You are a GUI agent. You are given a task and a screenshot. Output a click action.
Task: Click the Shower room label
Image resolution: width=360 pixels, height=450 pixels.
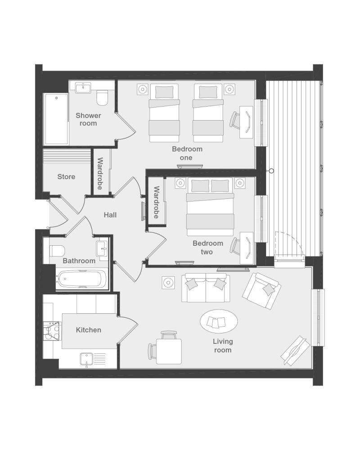coord(88,119)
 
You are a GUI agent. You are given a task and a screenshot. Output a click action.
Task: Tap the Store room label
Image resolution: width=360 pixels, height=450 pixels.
coord(66,176)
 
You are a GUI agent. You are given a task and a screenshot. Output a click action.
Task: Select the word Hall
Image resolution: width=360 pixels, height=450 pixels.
coord(110,215)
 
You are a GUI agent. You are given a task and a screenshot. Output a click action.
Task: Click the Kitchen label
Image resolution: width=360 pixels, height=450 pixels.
coord(88,330)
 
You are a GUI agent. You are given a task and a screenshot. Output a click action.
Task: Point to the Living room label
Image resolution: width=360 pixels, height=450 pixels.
coord(223,346)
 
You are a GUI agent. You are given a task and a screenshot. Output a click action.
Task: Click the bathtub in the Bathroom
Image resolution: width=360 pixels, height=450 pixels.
coord(82,279)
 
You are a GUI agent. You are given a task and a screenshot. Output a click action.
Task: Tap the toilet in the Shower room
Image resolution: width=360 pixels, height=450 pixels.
coord(102,98)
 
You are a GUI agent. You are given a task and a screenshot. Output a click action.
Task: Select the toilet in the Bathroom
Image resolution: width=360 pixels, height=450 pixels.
coord(57,251)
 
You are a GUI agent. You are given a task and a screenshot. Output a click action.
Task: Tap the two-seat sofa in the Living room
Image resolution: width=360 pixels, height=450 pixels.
coord(206,288)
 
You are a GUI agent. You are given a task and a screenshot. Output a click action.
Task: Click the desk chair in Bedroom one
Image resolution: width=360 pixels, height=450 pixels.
coord(235,120)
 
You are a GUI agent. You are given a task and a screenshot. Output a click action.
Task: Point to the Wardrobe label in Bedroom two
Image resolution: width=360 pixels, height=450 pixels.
coord(157,202)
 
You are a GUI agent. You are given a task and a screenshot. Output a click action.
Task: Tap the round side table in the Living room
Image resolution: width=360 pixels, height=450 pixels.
coord(168,283)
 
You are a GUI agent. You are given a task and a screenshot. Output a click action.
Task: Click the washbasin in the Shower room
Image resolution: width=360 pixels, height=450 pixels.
coord(83,87)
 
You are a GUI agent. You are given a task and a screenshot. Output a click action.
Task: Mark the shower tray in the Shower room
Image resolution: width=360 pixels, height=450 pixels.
coord(56,119)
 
